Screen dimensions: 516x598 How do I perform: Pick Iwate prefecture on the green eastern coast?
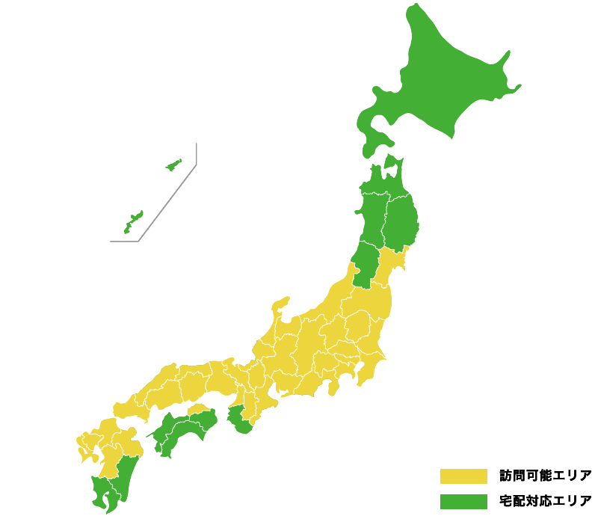click(401, 221)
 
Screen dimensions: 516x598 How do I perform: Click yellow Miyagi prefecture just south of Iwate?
click(391, 265)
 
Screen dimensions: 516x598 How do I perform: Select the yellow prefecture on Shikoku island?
click(198, 410)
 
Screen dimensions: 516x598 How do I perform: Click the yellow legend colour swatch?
click(463, 476)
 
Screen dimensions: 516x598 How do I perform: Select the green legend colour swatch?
click(463, 500)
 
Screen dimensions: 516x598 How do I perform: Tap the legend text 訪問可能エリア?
click(546, 476)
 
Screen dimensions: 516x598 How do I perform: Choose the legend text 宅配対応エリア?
click(546, 500)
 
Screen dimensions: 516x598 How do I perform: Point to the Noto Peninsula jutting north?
click(280, 305)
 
